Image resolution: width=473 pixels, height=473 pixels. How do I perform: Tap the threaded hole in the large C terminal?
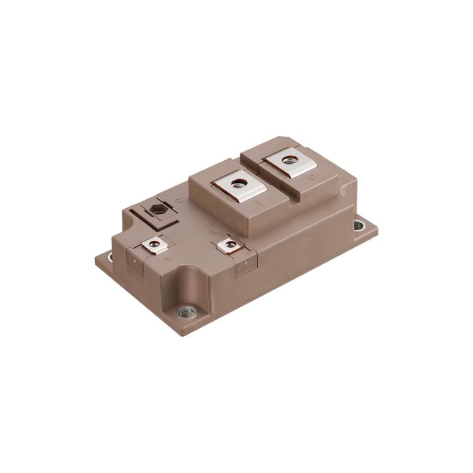(289, 161)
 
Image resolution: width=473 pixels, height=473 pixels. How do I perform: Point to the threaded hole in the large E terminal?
(238, 184)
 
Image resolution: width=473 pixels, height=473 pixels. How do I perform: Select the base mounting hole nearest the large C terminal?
(359, 224)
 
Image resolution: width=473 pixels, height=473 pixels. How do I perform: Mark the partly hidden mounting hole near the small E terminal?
(112, 257)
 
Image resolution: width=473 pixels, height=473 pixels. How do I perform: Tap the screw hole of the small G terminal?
(227, 243)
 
